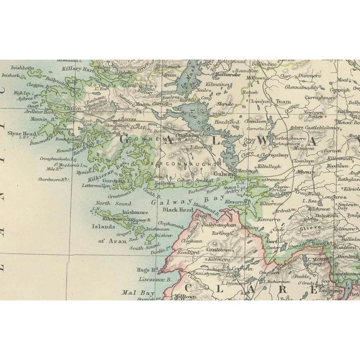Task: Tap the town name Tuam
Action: pyautogui.click(x=282, y=102)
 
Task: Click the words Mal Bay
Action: pyautogui.click(x=134, y=292)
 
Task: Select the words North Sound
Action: pyautogui.click(x=111, y=203)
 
